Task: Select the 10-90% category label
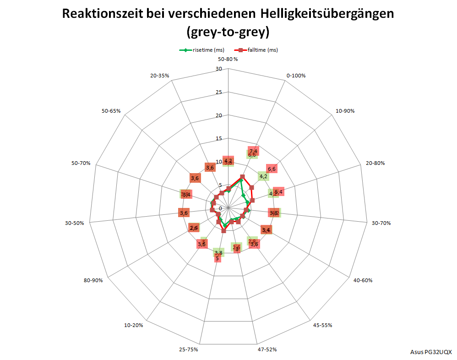click(345, 111)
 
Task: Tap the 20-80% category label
click(375, 163)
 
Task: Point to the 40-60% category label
click(363, 280)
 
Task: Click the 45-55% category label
click(322, 325)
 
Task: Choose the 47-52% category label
click(267, 349)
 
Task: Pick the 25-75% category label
click(188, 349)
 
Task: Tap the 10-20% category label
click(133, 325)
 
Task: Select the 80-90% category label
click(93, 280)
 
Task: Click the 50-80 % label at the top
click(228, 59)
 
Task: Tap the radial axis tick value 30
click(218, 69)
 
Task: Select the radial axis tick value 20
click(218, 115)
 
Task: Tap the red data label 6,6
click(272, 169)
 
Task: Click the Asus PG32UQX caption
click(431, 352)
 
